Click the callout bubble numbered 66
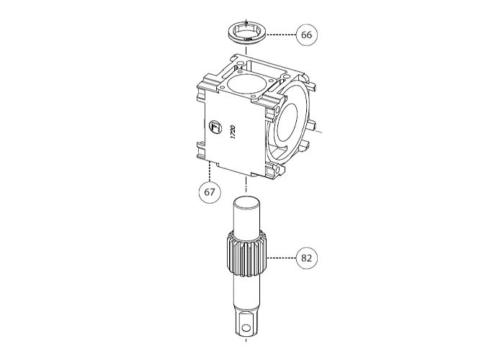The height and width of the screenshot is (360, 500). tap(306, 34)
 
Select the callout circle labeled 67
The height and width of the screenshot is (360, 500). tap(209, 192)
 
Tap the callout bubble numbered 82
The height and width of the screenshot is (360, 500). tap(306, 257)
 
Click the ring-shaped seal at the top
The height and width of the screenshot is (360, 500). tap(247, 32)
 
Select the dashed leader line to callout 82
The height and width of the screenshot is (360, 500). tap(281, 257)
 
